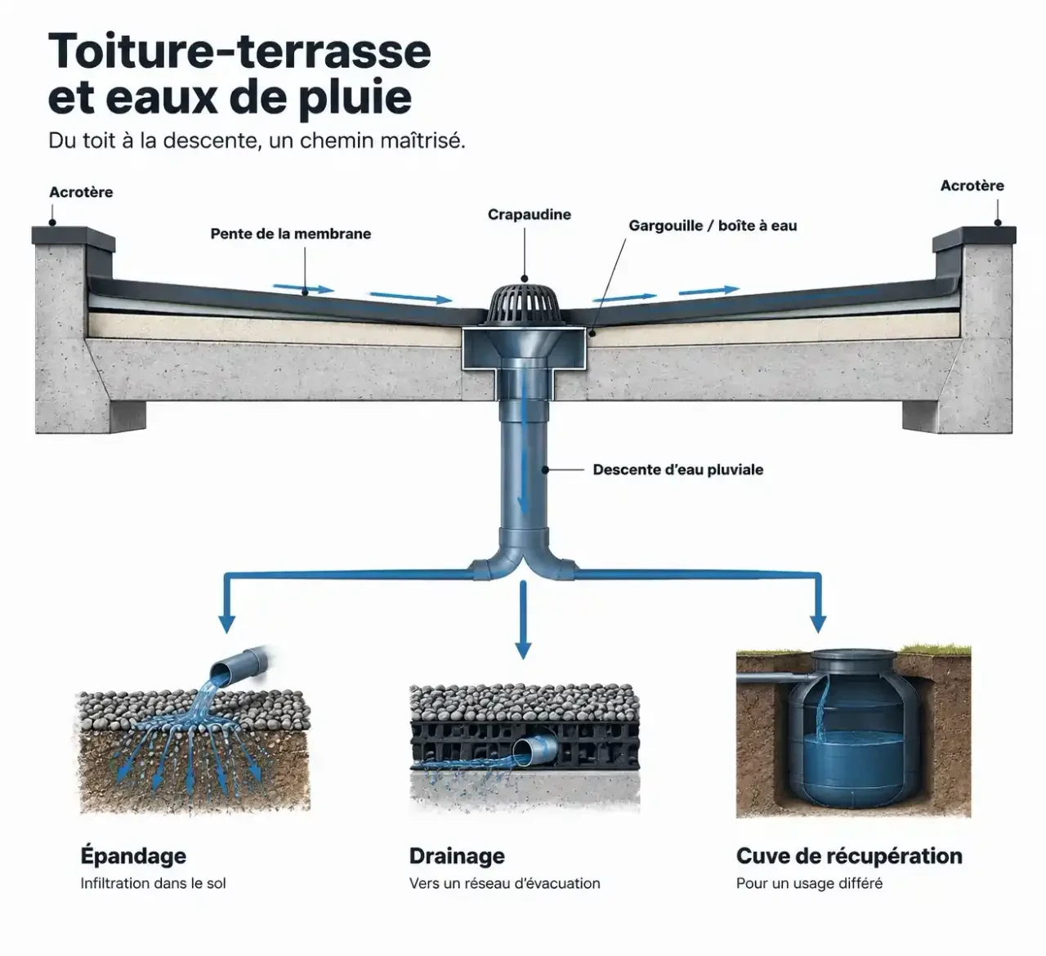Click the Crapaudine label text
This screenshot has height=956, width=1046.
pyautogui.click(x=530, y=214)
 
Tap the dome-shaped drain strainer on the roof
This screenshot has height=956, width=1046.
pyautogui.click(x=525, y=305)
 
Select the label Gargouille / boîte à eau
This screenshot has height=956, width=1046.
pyautogui.click(x=713, y=226)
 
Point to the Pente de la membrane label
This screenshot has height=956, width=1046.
pyautogui.click(x=290, y=234)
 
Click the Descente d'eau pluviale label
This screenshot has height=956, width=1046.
pyautogui.click(x=678, y=469)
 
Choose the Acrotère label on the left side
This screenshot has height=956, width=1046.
pyautogui.click(x=81, y=192)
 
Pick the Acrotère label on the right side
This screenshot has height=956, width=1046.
pyautogui.click(x=972, y=185)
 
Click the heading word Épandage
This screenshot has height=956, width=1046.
pyautogui.click(x=133, y=855)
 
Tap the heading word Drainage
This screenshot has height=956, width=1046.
pyautogui.click(x=457, y=856)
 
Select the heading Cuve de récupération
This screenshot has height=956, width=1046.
pyautogui.click(x=849, y=855)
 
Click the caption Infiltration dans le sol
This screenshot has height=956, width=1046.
pyautogui.click(x=154, y=883)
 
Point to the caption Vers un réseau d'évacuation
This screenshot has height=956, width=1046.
pyautogui.click(x=505, y=883)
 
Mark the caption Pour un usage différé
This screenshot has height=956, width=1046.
pyautogui.click(x=809, y=883)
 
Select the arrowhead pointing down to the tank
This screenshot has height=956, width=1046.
pyautogui.click(x=818, y=623)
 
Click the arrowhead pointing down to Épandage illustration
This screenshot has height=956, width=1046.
pyautogui.click(x=227, y=623)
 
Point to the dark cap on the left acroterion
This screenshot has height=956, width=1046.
pyautogui.click(x=73, y=236)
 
